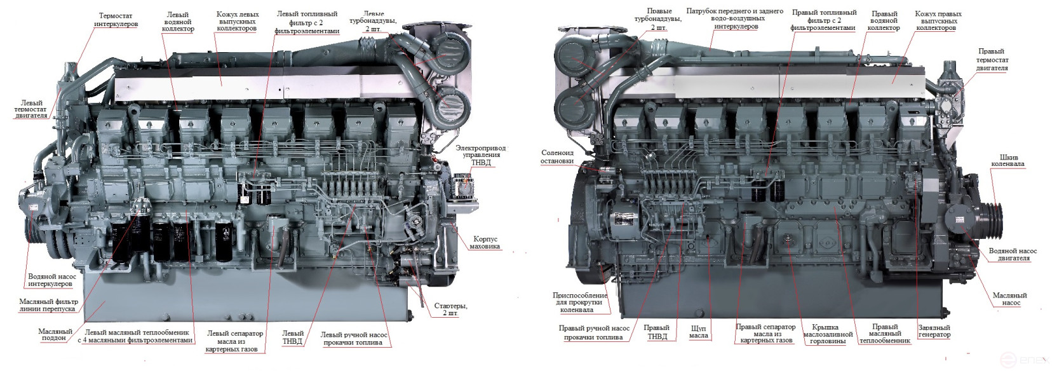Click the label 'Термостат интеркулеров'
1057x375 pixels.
point(116,20)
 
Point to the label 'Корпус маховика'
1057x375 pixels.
point(485,242)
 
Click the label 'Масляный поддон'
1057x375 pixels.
point(55,334)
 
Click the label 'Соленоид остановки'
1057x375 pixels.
point(557,156)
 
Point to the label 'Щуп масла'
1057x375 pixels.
point(699,331)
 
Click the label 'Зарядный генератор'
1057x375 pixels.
point(934,331)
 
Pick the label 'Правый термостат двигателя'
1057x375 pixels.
point(992,59)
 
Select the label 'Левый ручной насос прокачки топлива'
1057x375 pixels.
point(353,338)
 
